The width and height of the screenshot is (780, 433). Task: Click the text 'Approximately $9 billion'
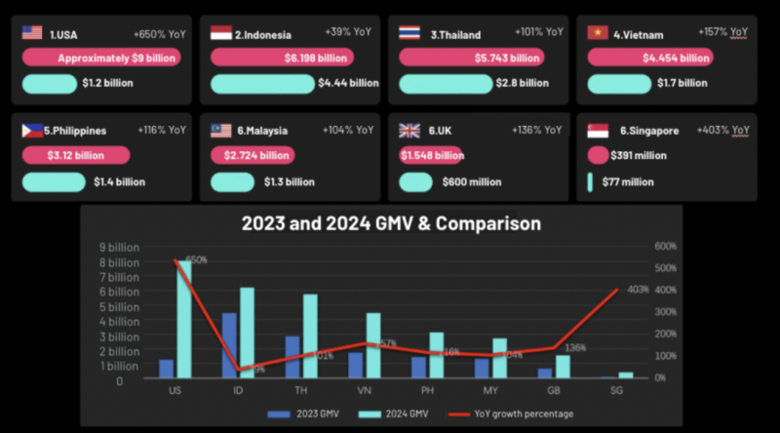[116, 59]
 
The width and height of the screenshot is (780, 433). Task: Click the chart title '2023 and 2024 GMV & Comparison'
[390, 223]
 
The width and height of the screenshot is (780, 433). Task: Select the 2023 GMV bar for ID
[229, 345]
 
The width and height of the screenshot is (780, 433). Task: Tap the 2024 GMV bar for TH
[310, 335]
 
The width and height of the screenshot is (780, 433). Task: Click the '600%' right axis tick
[665, 247]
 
